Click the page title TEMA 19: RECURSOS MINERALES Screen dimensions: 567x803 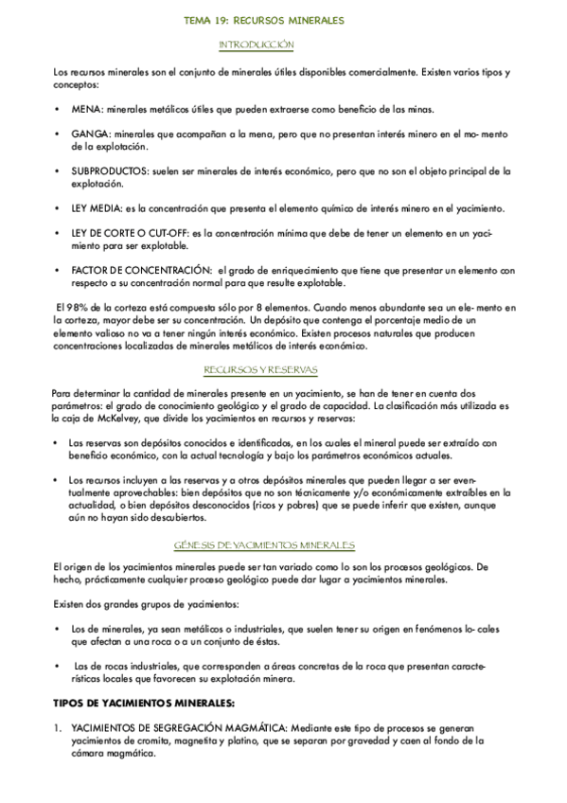tap(263, 20)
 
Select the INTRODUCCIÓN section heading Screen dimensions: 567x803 tap(256, 45)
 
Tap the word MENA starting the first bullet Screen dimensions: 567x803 tap(83, 109)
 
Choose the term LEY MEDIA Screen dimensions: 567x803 tap(96, 208)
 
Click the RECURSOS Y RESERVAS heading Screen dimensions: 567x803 tap(261, 369)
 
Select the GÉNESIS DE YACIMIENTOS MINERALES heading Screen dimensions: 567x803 tap(264, 544)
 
